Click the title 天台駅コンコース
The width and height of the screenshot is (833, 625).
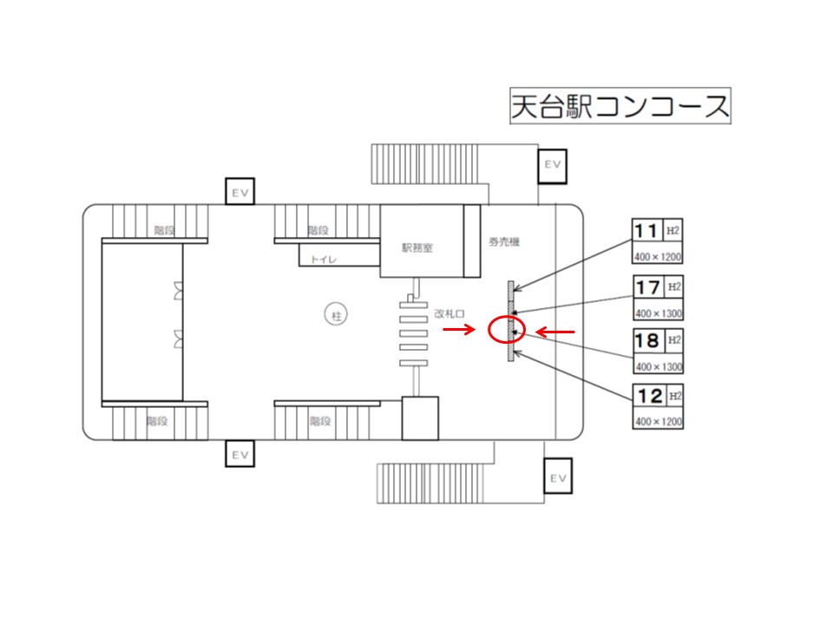[620, 107]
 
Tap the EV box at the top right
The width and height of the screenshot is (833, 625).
[553, 164]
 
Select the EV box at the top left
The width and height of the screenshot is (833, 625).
[240, 192]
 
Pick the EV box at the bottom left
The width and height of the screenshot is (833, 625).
[240, 454]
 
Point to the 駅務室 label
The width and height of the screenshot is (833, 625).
[417, 247]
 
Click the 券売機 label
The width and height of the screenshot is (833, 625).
[502, 242]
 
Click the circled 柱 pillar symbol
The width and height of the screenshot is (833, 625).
[335, 315]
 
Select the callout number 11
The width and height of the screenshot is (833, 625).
[646, 231]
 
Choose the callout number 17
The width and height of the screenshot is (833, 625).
[647, 286]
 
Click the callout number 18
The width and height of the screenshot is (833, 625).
[647, 340]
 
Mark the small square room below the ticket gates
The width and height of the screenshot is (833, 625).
[420, 418]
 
